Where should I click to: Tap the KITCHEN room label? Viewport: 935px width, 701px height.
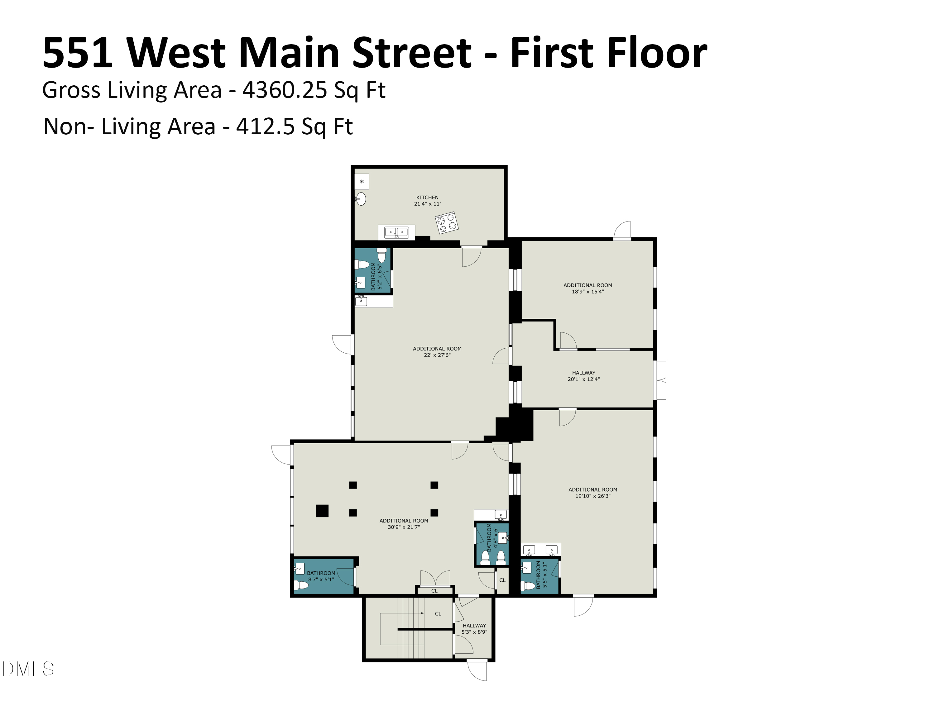(427, 197)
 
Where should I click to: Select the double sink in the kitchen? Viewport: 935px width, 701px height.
(396, 232)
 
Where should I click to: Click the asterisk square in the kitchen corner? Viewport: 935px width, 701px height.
(362, 182)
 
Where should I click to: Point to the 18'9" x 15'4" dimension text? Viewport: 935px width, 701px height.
(587, 292)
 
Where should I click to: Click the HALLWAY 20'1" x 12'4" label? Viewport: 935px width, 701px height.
(584, 376)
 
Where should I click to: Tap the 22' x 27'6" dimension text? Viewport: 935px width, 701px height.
(437, 355)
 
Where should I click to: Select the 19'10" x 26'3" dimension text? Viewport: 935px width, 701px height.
(592, 496)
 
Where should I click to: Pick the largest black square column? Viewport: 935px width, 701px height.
(322, 511)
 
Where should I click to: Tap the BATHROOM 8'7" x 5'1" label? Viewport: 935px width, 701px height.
(321, 576)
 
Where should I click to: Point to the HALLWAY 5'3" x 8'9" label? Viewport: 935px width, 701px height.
(474, 629)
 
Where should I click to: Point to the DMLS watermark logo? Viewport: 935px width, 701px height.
(28, 669)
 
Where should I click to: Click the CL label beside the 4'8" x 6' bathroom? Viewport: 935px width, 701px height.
(502, 580)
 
